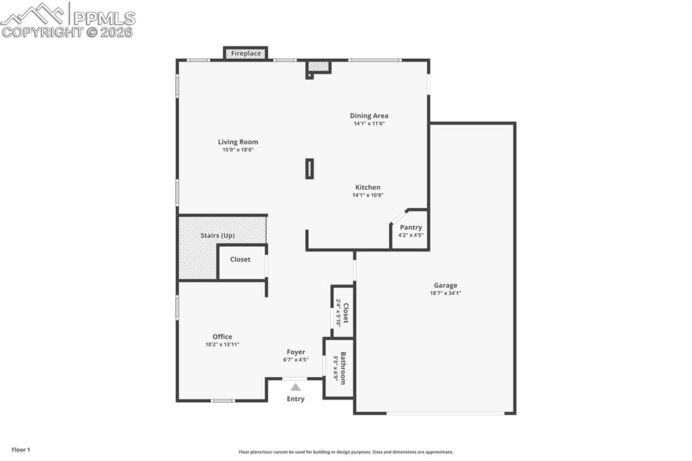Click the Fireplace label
point(246,53)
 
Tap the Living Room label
point(238,142)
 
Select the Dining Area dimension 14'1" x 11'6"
point(369,124)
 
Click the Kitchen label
point(368,187)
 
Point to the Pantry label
point(411,227)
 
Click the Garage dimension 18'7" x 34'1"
point(445,293)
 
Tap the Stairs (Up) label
point(218,235)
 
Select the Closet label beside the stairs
point(240,259)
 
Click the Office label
point(222,337)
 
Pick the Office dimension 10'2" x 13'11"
point(222,345)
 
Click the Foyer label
point(296,352)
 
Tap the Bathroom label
point(343,368)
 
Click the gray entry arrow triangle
point(296,387)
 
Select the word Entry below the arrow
point(295,399)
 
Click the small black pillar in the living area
point(310,169)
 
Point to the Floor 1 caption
point(21,450)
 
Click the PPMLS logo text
point(104,18)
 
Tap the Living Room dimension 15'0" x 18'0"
point(238,149)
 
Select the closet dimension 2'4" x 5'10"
point(339,313)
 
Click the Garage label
point(445,285)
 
